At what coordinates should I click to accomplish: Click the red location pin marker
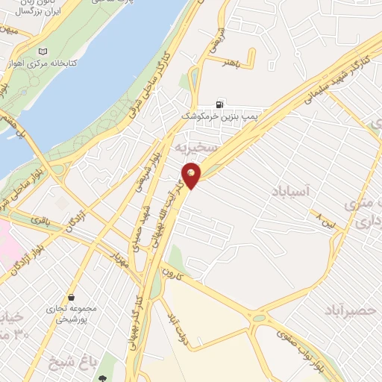tap(192, 176)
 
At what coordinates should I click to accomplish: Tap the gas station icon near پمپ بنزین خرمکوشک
tap(219, 104)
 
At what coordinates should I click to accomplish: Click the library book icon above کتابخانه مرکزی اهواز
tap(41, 51)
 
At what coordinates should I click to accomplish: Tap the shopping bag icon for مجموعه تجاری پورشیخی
tap(70, 297)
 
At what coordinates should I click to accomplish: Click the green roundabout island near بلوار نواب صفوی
tap(257, 318)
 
